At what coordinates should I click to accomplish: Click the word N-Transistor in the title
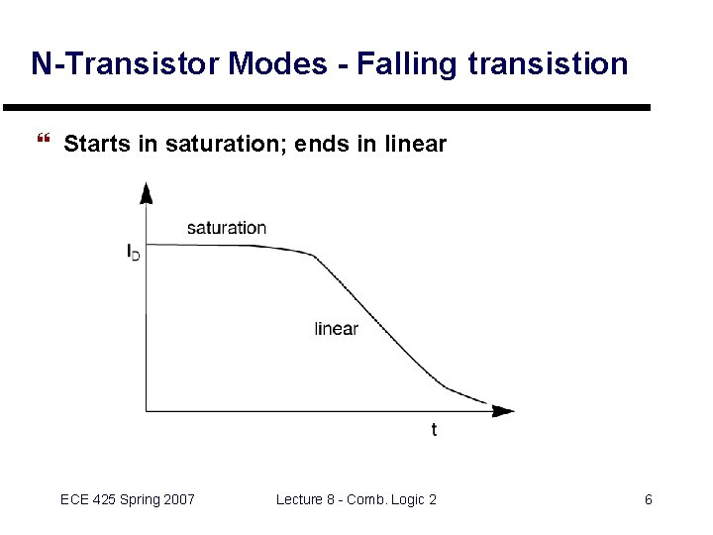pos(126,64)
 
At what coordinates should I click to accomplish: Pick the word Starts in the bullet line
pos(97,145)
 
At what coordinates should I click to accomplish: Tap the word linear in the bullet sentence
pos(414,145)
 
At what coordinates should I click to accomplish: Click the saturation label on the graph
pos(227,228)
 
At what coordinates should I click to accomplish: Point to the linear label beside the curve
pos(336,329)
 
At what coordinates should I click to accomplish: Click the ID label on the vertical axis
pos(133,253)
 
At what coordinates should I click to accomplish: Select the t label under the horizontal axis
pos(434,429)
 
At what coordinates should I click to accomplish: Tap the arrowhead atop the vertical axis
pos(147,190)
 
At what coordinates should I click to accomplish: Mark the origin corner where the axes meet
pos(147,410)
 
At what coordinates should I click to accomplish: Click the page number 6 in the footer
pos(649,499)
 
